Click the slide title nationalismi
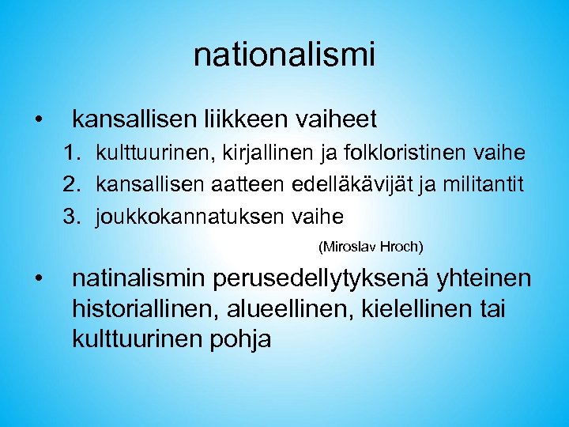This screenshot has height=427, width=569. point(284,55)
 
